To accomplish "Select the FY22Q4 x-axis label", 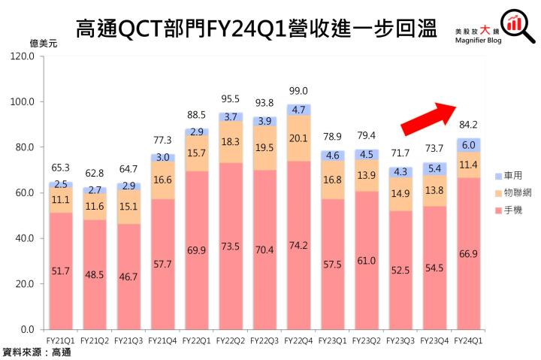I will click(301, 341).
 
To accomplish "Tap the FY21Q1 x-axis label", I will click(62, 341).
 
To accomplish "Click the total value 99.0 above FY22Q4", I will click(298, 90).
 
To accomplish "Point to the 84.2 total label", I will click(468, 125).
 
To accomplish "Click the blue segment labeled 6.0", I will click(468, 146).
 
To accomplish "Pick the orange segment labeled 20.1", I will click(298, 138).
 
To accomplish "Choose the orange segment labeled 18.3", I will click(231, 142).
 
